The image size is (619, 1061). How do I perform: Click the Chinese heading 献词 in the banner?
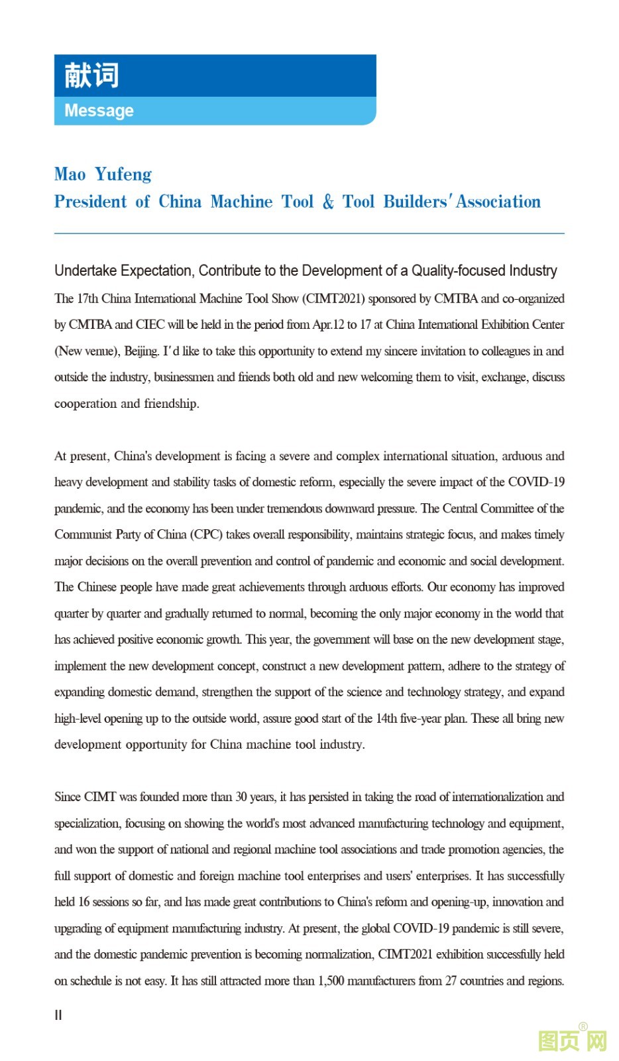click(91, 76)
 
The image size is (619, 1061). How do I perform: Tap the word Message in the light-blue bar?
click(99, 111)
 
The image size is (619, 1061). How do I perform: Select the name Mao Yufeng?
click(103, 174)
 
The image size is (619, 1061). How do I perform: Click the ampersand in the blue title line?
click(328, 202)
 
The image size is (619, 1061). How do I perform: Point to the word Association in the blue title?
click(498, 202)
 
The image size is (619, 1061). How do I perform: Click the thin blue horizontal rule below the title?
click(309, 233)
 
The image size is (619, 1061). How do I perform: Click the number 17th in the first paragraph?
click(87, 298)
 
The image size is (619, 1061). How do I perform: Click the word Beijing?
click(141, 351)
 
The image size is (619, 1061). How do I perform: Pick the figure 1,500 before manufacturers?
click(331, 981)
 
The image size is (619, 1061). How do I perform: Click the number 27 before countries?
click(451, 981)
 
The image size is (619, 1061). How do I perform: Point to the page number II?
click(58, 1015)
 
